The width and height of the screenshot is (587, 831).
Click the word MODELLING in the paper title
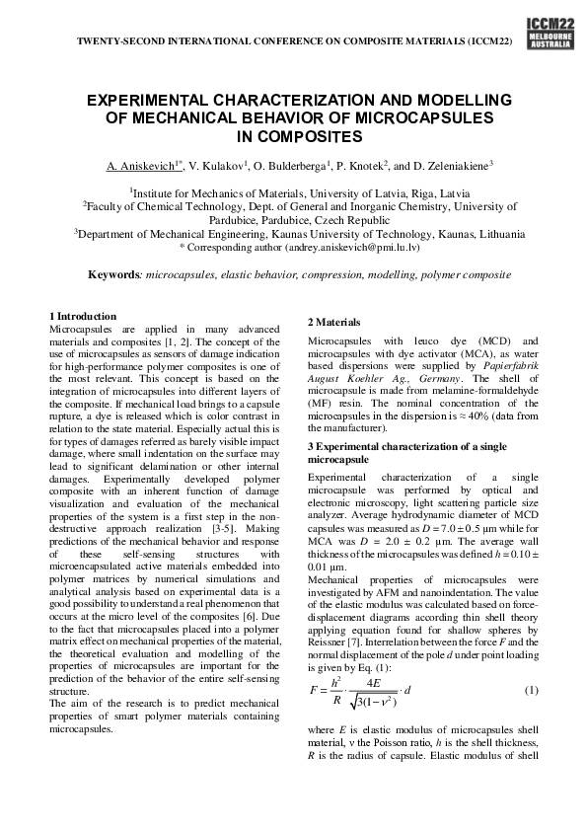[x=444, y=101]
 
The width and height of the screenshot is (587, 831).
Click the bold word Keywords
[x=114, y=273]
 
